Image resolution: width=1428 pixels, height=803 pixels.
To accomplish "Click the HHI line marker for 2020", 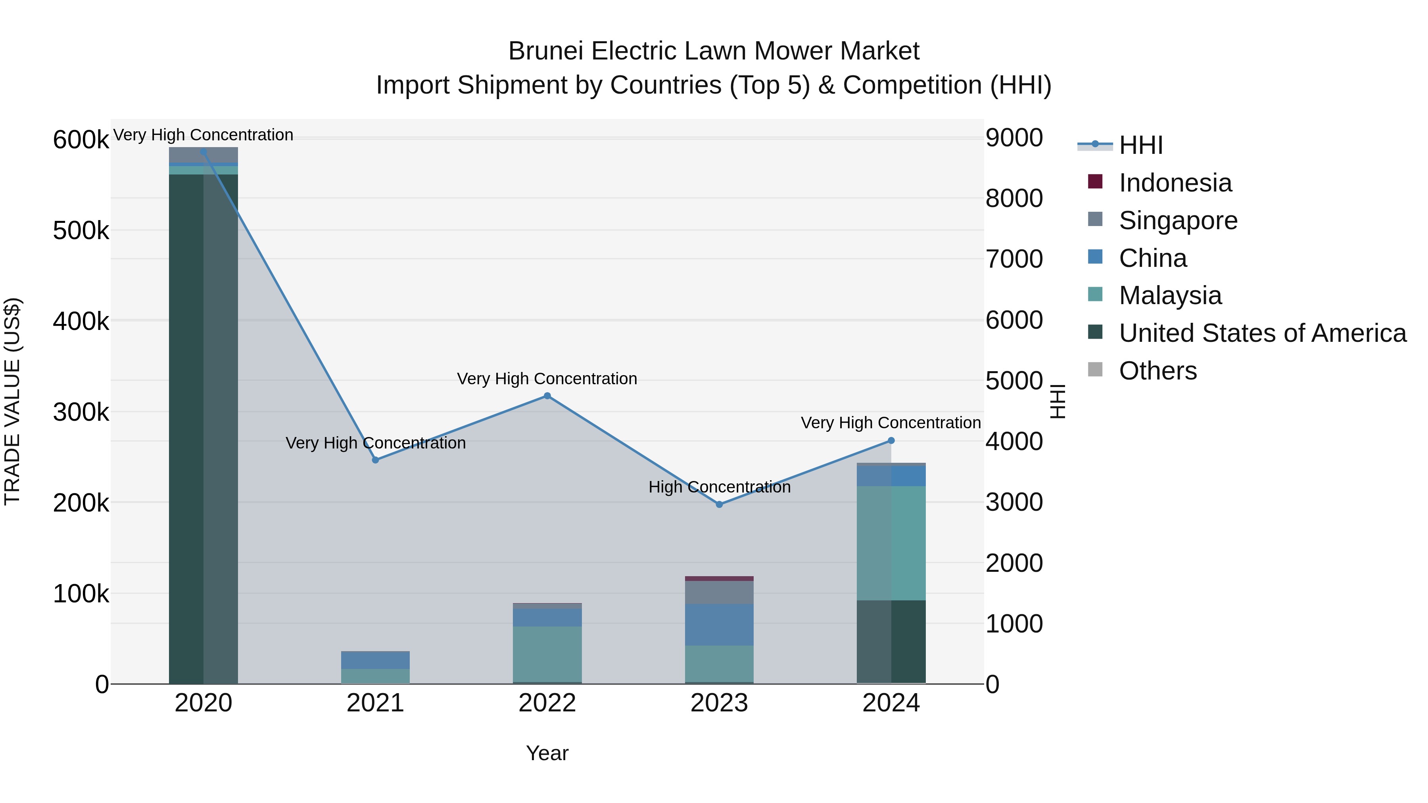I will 203,151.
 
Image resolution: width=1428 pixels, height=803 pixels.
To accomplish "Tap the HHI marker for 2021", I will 375,460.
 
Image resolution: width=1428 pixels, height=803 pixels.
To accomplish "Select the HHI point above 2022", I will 547,396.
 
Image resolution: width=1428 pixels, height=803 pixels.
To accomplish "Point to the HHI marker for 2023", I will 719,504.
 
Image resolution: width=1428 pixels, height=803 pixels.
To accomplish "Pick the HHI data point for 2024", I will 891,441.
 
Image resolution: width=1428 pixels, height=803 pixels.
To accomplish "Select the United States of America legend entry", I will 1262,333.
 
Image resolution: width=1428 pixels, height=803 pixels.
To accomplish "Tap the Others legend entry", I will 1157,371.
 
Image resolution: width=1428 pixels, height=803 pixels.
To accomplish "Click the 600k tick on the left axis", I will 81,140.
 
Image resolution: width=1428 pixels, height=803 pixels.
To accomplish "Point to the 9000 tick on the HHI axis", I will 1014,138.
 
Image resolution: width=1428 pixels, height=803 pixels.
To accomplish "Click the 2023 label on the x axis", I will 719,703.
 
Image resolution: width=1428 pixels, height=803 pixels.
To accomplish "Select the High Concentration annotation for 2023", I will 719,487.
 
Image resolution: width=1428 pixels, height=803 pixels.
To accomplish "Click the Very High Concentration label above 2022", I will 547,379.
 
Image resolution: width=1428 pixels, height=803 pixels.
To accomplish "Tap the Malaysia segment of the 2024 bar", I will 891,543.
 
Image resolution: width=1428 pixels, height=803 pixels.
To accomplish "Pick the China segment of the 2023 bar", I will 719,625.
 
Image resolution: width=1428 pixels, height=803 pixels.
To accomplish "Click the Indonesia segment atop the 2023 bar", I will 719,579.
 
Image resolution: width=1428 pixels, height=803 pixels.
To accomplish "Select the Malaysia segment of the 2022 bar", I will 547,654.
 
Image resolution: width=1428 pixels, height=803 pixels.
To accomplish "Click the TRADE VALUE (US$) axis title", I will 13,401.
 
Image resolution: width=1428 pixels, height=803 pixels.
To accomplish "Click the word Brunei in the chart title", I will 546,52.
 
